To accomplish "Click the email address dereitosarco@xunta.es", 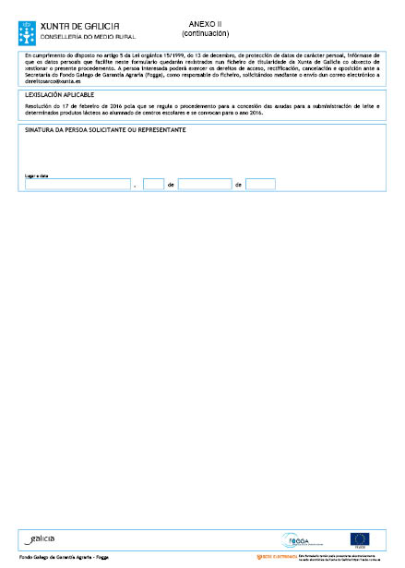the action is [x=44, y=82].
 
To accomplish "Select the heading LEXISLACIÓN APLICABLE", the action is [x=60, y=94].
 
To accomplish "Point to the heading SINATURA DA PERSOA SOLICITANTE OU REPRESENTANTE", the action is [x=106, y=130].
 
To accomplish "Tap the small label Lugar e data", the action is [x=35, y=174].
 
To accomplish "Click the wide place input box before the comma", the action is [x=77, y=185].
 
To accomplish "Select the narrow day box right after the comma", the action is [x=153, y=185].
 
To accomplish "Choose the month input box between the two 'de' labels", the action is [x=204, y=185].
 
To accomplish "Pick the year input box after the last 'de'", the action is [x=260, y=185].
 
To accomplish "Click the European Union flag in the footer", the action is [x=359, y=539].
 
